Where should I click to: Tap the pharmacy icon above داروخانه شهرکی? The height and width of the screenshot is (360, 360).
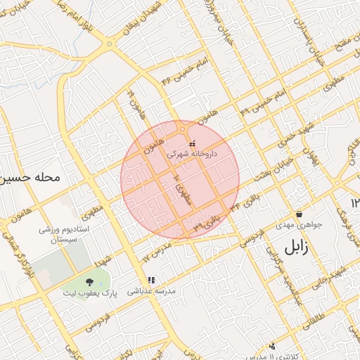pos(192,143)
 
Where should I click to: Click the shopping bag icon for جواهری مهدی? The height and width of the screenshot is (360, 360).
pos(299,214)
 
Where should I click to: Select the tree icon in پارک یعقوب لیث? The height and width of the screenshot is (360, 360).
pos(88,281)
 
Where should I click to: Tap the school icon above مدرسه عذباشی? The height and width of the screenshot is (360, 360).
pos(150,281)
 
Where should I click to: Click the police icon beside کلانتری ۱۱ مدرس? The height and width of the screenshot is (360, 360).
pos(273,345)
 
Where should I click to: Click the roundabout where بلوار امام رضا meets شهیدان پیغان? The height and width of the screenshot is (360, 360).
pos(109,44)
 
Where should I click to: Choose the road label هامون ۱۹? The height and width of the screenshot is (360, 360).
pos(134,102)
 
